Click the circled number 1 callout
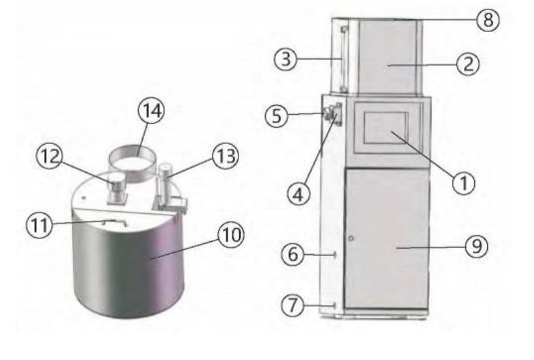(x=463, y=183)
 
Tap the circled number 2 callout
(x=468, y=64)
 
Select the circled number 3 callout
(x=286, y=59)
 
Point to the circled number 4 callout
(x=299, y=194)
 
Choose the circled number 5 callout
(x=277, y=115)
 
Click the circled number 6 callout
(x=293, y=254)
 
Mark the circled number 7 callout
(x=293, y=305)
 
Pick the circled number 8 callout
(x=488, y=20)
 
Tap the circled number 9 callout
(x=476, y=246)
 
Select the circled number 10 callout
(x=231, y=235)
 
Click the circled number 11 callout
(x=39, y=225)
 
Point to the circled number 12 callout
(x=50, y=156)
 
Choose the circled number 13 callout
(x=226, y=156)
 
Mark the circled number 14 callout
(x=152, y=111)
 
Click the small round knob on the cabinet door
(x=351, y=238)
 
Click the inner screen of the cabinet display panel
(x=386, y=128)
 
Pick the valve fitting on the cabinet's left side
(x=332, y=114)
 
